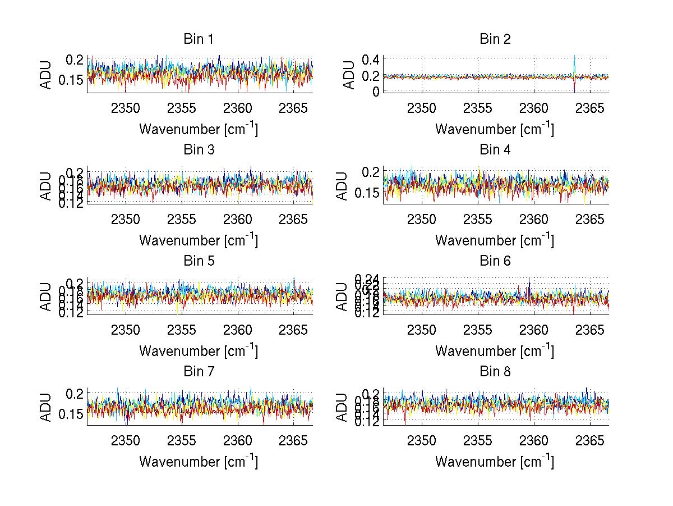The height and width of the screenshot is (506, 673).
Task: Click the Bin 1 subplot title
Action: [x=198, y=39]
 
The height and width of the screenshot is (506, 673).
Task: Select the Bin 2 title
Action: [x=494, y=39]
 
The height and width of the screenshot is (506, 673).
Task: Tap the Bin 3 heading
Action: [x=198, y=150]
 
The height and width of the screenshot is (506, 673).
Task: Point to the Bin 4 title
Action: [x=494, y=150]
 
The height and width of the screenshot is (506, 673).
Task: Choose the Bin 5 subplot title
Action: [x=198, y=261]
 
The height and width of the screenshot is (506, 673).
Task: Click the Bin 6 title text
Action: [x=494, y=261]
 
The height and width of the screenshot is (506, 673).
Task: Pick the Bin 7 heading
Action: [x=198, y=372]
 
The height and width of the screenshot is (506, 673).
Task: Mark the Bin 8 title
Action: [x=494, y=372]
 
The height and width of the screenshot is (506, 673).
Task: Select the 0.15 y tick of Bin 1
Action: [x=72, y=80]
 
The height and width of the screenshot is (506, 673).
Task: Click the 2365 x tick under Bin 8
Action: [x=590, y=440]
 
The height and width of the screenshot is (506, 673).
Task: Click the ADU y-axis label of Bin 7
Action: [x=47, y=407]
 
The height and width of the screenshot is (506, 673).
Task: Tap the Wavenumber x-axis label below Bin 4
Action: [x=494, y=240]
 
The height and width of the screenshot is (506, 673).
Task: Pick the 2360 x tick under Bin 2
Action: [x=534, y=108]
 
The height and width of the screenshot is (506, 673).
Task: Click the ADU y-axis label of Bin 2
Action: [x=349, y=75]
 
